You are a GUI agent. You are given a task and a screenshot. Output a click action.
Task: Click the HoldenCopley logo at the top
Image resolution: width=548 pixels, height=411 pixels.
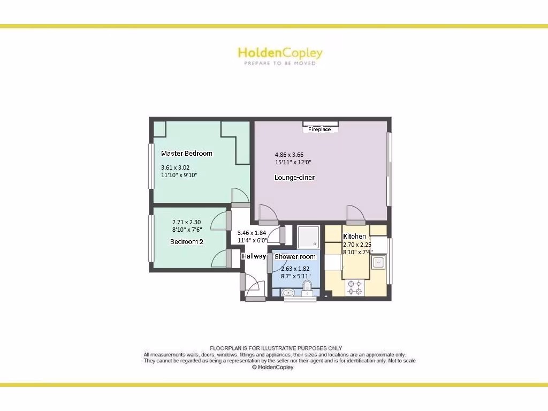pos(280,53)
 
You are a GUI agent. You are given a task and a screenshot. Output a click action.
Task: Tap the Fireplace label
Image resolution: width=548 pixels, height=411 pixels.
pos(319,130)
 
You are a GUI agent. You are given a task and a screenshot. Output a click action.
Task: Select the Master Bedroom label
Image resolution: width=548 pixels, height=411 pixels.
pos(187,154)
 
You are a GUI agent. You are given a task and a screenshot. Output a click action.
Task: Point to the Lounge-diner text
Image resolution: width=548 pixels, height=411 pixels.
pos(294,178)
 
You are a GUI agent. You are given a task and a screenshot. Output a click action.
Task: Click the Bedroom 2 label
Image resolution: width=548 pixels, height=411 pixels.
pos(187,242)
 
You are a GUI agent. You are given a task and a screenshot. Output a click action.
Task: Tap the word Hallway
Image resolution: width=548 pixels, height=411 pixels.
pos(254,256)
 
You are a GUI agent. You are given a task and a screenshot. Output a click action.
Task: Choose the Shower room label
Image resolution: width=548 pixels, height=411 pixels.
pos(295,257)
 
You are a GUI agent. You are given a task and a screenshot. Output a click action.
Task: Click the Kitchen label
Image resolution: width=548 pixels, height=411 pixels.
pos(354,237)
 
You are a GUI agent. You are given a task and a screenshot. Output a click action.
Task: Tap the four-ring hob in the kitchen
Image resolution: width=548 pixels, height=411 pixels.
pos(354,288)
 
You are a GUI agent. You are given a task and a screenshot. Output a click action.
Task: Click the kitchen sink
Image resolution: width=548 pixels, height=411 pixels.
pos(378,262)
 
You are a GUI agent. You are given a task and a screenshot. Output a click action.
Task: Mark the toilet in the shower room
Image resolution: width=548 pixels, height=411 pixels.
pos(308,292)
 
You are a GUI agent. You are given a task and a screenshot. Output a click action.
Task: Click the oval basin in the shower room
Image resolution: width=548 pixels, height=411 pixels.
pos(287,293)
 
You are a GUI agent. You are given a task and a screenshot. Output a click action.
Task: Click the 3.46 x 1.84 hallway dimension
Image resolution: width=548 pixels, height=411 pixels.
pos(252,233)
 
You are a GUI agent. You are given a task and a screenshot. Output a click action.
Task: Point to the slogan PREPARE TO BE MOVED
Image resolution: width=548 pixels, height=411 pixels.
pos(280,63)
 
